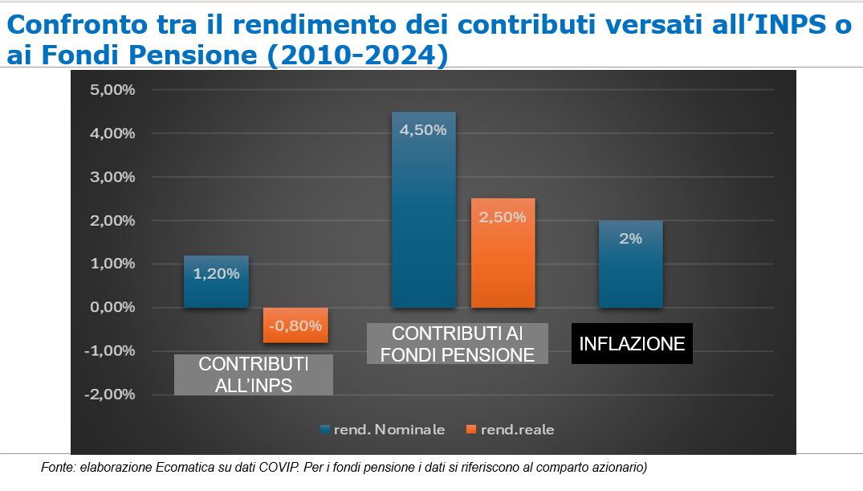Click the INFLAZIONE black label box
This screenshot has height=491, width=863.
click(x=632, y=344)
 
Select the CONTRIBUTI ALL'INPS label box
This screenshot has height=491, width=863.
click(x=253, y=374)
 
